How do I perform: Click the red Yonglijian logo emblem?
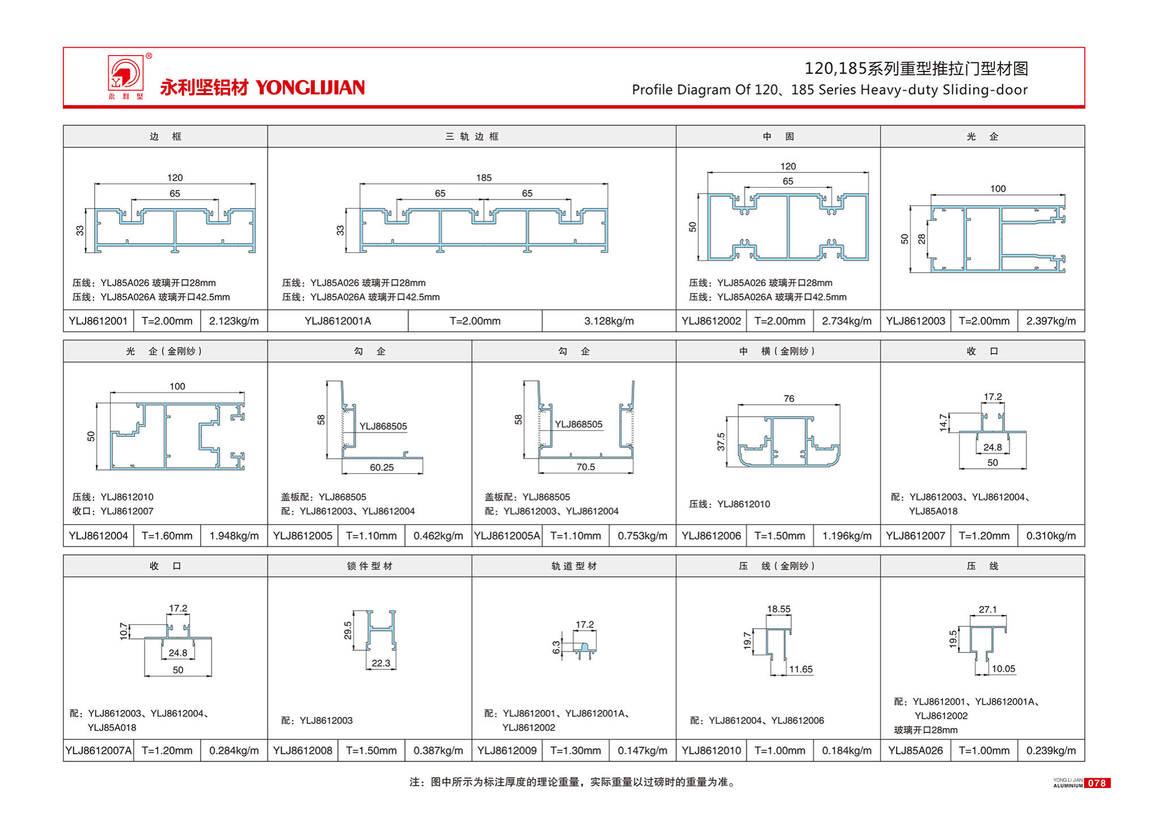[x=126, y=74]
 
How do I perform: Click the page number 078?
[x=1096, y=783]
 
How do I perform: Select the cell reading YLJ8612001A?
[x=337, y=321]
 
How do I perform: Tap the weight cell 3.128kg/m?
[x=609, y=321]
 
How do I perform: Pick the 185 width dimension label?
[x=484, y=178]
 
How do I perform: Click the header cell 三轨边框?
[x=472, y=137]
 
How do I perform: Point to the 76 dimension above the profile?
[x=788, y=399]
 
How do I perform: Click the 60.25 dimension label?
[x=381, y=467]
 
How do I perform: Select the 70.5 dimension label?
[x=586, y=467]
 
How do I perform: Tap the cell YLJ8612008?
[x=303, y=751]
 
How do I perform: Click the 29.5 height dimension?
[x=348, y=630]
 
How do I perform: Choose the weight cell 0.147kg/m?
[x=642, y=751]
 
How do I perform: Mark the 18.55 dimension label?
[x=778, y=609]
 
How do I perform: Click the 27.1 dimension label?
[x=987, y=609]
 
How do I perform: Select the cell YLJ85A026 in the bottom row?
[x=915, y=751]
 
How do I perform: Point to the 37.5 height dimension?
[x=721, y=441]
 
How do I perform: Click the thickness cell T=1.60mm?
[x=167, y=536]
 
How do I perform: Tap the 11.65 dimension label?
[x=800, y=669]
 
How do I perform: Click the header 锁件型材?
[x=370, y=566]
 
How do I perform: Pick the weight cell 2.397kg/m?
[x=1050, y=321]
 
